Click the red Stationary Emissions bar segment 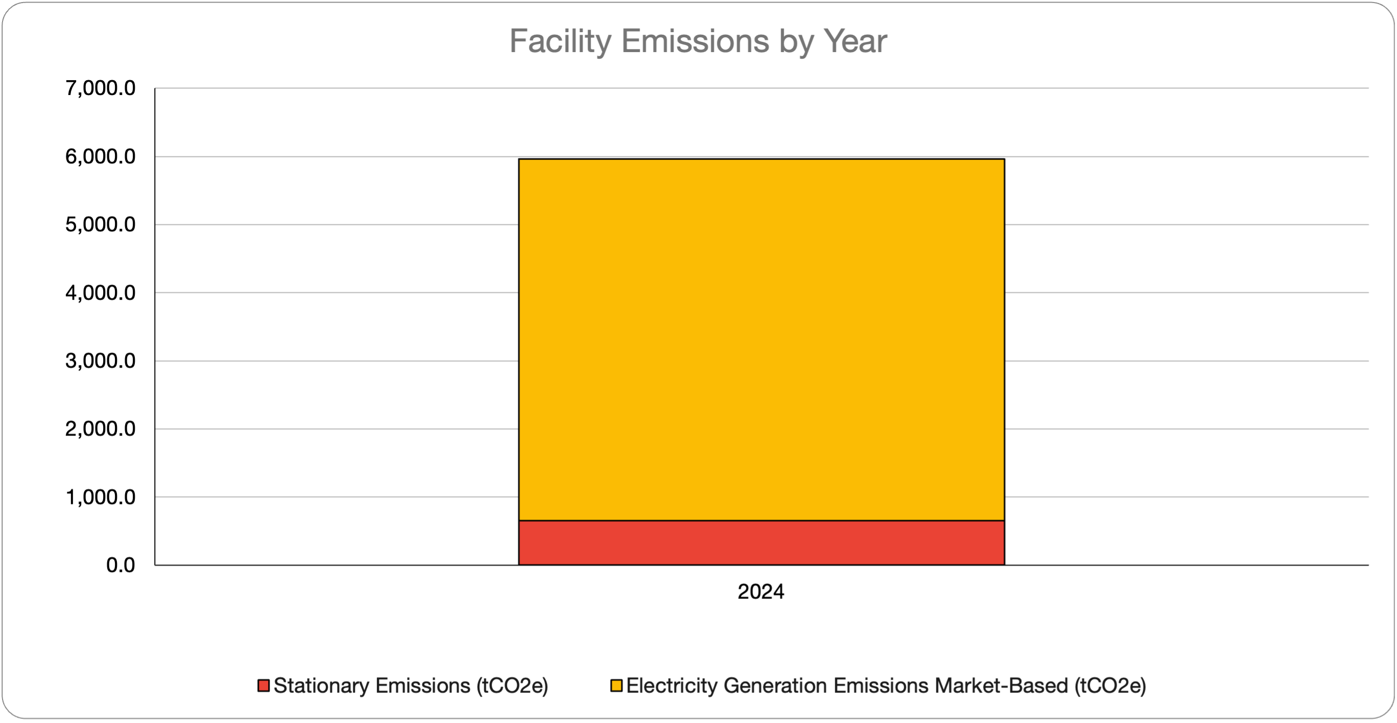(761, 543)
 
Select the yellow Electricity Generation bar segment (761, 340)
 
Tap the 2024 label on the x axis (760, 592)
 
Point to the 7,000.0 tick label (100, 88)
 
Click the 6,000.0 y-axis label (100, 157)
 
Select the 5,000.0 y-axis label (100, 225)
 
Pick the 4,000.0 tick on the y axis (100, 293)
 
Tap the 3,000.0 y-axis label (100, 360)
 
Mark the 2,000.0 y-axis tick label (100, 429)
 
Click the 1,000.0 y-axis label (100, 497)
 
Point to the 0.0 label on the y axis (121, 565)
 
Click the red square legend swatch (263, 686)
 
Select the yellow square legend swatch (616, 686)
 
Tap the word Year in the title (855, 41)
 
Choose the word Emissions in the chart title (695, 41)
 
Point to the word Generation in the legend (776, 686)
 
